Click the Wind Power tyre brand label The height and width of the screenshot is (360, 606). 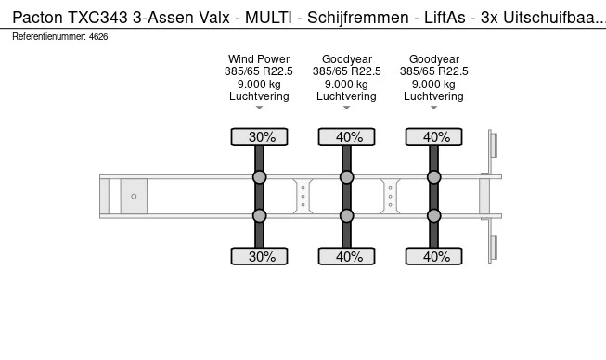[259, 58]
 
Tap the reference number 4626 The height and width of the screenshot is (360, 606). [98, 36]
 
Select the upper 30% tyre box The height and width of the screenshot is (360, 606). [260, 137]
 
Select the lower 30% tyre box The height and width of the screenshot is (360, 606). [260, 256]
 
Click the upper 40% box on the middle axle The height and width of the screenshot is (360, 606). [347, 137]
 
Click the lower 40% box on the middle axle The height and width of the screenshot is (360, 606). [347, 256]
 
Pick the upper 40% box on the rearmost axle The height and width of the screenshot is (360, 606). [434, 137]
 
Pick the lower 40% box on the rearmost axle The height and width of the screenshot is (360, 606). [434, 256]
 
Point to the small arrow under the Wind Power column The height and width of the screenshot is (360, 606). [260, 109]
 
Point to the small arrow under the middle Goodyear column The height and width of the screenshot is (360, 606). [347, 109]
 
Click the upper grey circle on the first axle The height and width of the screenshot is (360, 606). [260, 176]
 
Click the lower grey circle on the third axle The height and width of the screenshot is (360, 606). [434, 216]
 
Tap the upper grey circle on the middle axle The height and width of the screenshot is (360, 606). [347, 176]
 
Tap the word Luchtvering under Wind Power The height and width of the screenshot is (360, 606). [259, 96]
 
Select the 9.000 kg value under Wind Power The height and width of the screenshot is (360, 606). [259, 84]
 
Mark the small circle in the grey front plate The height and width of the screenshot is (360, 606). [134, 196]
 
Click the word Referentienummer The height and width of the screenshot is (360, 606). [47, 36]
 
